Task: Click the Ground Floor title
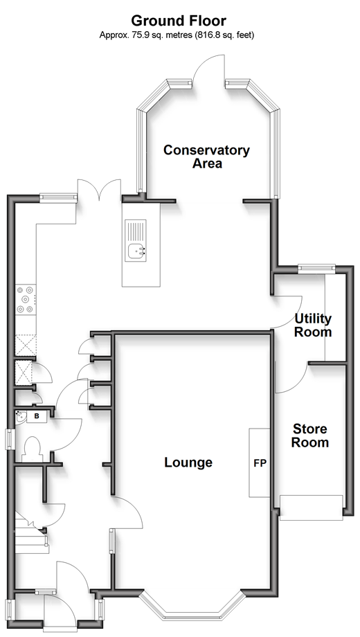click(179, 20)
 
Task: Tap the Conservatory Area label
click(206, 156)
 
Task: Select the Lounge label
click(188, 463)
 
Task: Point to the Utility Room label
click(313, 325)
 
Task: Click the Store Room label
click(310, 436)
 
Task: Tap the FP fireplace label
click(260, 463)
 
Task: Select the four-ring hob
click(26, 299)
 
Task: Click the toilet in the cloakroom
click(33, 449)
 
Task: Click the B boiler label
click(37, 416)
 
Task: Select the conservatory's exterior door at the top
click(207, 70)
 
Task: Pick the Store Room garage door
click(312, 508)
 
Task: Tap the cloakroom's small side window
click(8, 439)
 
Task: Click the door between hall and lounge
click(127, 512)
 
